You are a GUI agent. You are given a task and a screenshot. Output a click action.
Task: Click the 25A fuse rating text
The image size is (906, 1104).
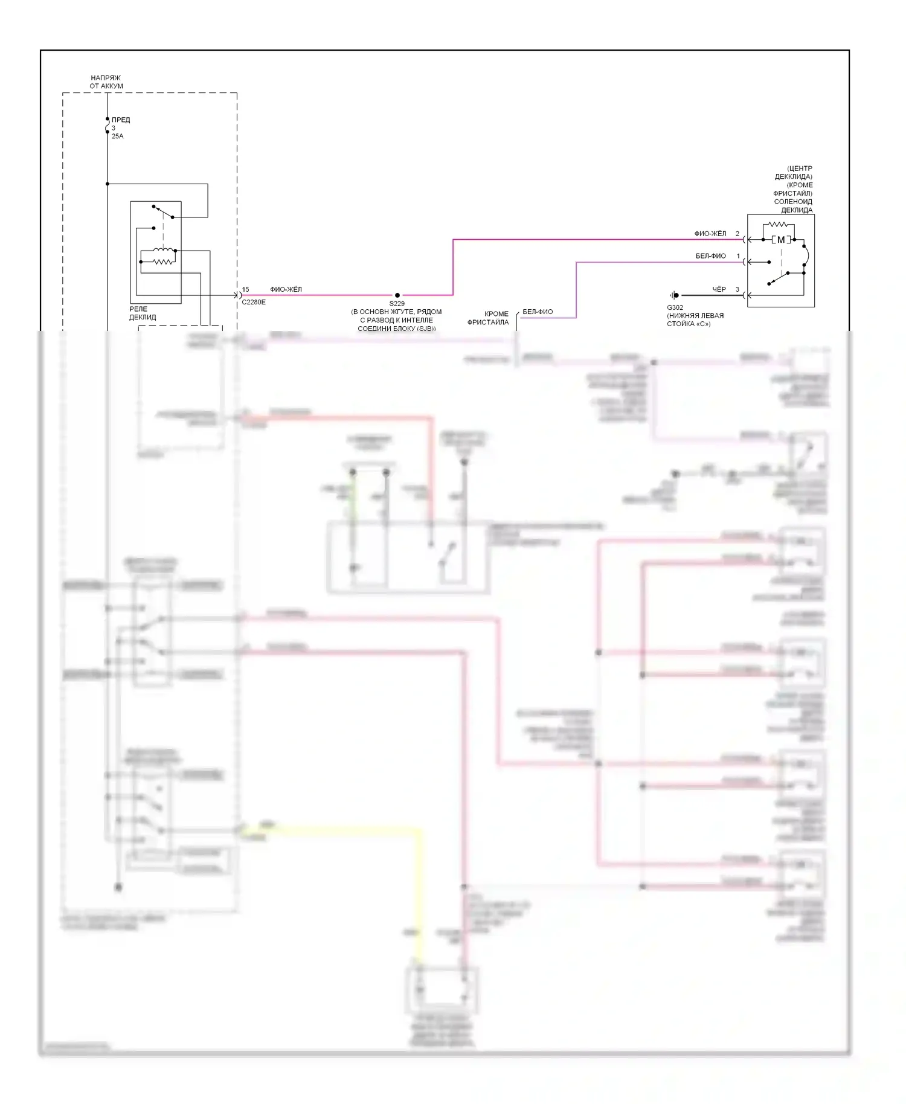tap(117, 136)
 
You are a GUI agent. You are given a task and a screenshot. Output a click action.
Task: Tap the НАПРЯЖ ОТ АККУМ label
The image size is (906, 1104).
tap(106, 82)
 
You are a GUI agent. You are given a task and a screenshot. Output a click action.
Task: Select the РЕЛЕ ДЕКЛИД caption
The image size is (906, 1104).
tap(143, 313)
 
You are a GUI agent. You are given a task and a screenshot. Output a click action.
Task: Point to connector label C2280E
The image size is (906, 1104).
tap(254, 302)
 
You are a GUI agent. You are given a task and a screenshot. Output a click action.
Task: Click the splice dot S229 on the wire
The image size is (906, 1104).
tap(397, 295)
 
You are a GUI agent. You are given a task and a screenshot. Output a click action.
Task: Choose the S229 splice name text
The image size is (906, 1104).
tap(397, 304)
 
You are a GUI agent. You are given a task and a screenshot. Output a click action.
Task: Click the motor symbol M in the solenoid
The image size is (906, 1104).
tap(781, 240)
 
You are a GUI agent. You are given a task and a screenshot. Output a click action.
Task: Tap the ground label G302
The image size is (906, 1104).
tap(675, 307)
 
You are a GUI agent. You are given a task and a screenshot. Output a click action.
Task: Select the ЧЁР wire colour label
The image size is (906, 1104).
tap(719, 290)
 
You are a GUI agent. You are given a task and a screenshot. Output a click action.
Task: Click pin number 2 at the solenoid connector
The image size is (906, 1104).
tap(737, 234)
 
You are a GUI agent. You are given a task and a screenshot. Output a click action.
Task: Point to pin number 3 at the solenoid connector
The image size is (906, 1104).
tap(737, 290)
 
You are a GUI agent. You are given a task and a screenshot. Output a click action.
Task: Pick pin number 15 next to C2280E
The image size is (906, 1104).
tap(245, 290)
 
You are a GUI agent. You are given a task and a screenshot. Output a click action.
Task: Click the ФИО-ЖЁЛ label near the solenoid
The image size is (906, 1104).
tap(710, 234)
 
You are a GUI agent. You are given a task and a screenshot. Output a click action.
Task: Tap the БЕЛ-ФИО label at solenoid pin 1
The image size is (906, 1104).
tap(711, 256)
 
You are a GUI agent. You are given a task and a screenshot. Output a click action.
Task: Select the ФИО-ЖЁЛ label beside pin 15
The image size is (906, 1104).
tap(286, 290)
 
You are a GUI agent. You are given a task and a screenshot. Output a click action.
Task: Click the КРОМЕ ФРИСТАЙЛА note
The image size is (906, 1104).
tap(488, 318)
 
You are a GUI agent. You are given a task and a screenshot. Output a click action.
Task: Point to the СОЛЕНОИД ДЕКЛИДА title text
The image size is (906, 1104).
tap(793, 206)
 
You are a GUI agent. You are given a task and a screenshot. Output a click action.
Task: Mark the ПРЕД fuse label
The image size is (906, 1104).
tap(121, 120)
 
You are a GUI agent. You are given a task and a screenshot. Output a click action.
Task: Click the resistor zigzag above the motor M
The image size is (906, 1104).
tap(778, 225)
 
